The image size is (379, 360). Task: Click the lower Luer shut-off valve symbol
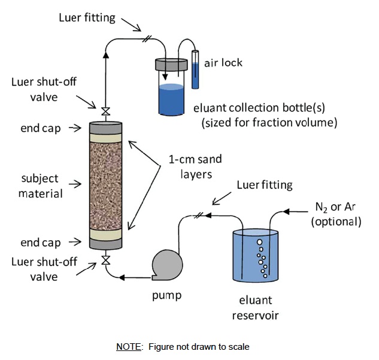(x=105, y=260)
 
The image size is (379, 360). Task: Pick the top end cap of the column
(x=105, y=129)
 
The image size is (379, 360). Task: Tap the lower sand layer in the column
(x=105, y=233)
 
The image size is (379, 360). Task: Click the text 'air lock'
(x=223, y=63)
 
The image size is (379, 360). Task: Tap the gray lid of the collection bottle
(x=171, y=63)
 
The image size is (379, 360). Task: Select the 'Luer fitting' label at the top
(x=87, y=17)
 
